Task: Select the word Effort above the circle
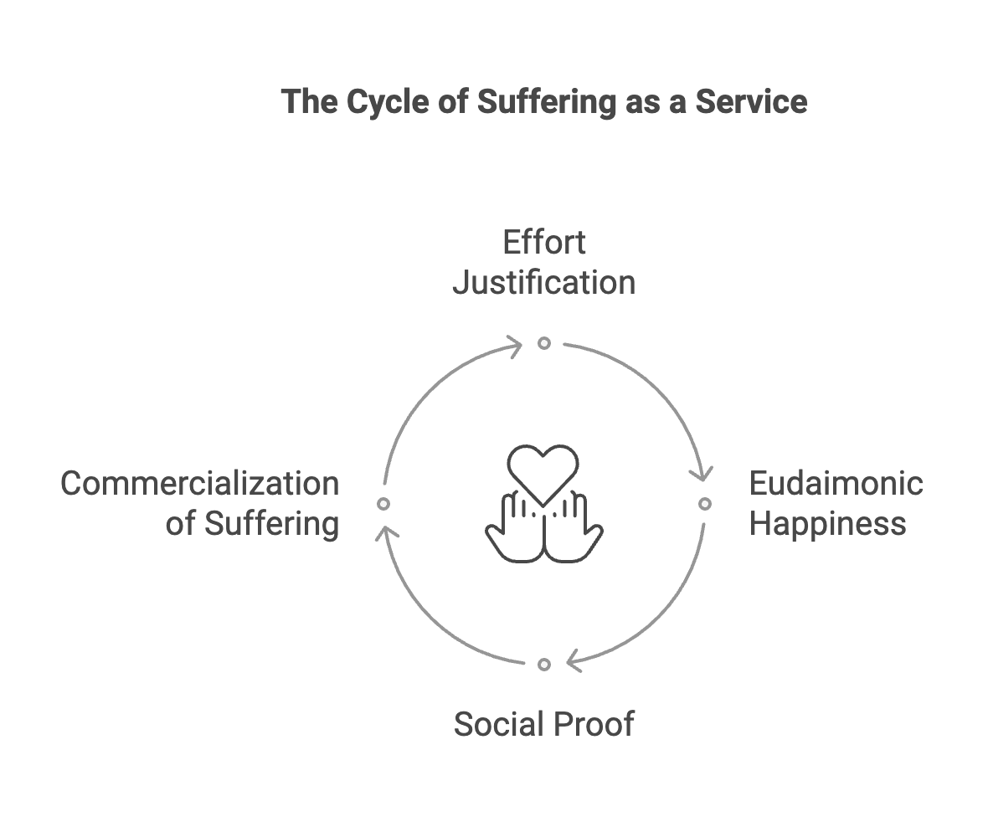click(544, 243)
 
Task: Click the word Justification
click(544, 283)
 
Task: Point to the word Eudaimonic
click(836, 484)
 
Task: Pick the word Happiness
click(827, 524)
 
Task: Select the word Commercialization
click(200, 484)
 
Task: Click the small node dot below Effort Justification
click(544, 343)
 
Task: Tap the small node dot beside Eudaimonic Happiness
click(705, 504)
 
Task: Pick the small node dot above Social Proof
click(544, 665)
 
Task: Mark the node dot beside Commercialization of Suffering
click(383, 504)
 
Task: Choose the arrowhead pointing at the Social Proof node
click(574, 661)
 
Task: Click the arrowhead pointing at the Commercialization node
click(386, 532)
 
